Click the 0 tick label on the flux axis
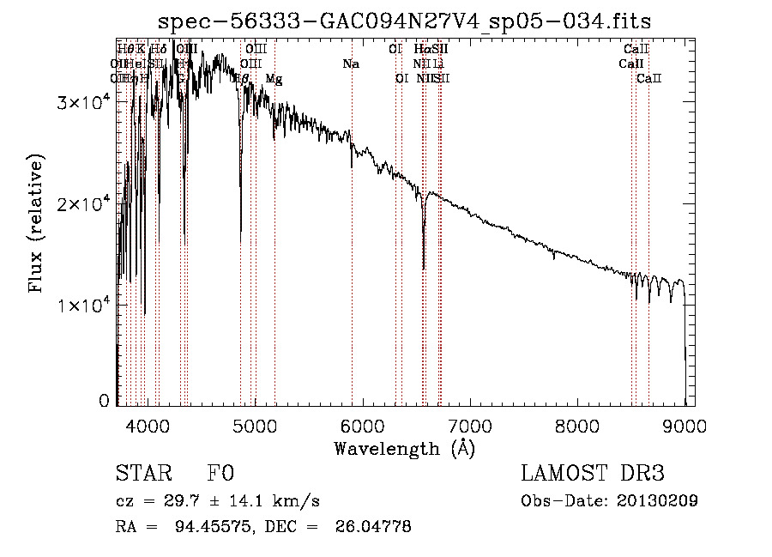[104, 400]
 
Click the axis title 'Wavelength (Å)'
[405, 448]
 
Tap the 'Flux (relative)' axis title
[36, 225]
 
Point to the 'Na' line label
[350, 64]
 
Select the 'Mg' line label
[273, 79]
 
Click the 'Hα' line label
[420, 50]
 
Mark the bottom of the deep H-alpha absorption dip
[424, 269]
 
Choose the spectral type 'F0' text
[220, 474]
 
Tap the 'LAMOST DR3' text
[593, 474]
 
